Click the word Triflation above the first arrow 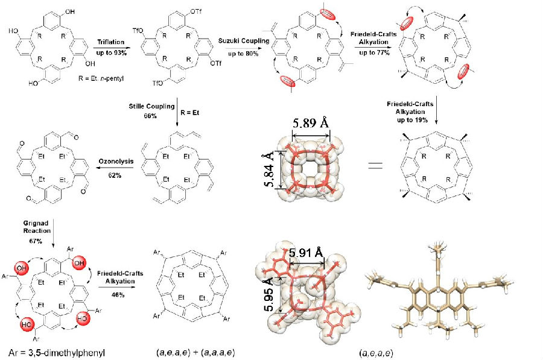(110, 42)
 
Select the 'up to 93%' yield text (111, 52)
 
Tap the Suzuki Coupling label (244, 40)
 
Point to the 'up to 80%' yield (243, 54)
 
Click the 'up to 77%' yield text (374, 52)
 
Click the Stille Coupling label (151, 106)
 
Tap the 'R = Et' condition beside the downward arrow (190, 113)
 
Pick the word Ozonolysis (116, 162)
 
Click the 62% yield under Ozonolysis (115, 175)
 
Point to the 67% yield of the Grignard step (36, 241)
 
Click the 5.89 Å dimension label (311, 122)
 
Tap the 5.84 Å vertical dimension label (270, 169)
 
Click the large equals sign (375, 165)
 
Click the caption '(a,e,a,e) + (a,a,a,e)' (195, 353)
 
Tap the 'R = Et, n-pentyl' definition (101, 78)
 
